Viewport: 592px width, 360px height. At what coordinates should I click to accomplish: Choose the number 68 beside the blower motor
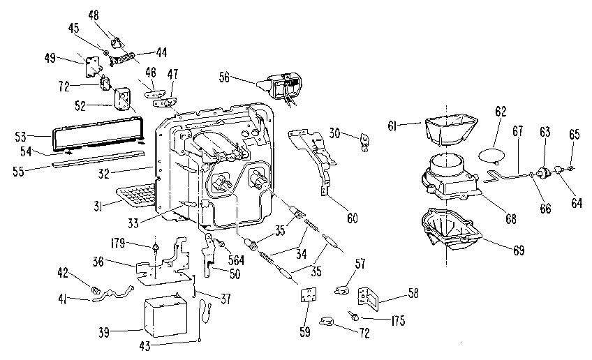point(511,219)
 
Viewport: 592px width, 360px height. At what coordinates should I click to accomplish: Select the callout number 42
point(61,273)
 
